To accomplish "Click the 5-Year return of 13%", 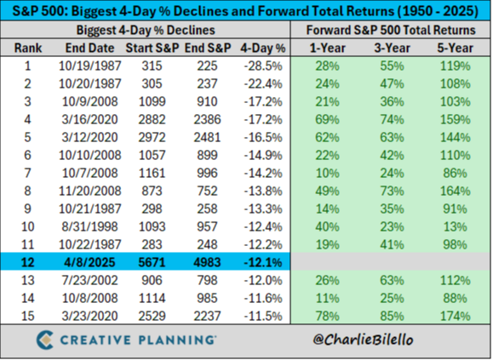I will pos(452,227).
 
